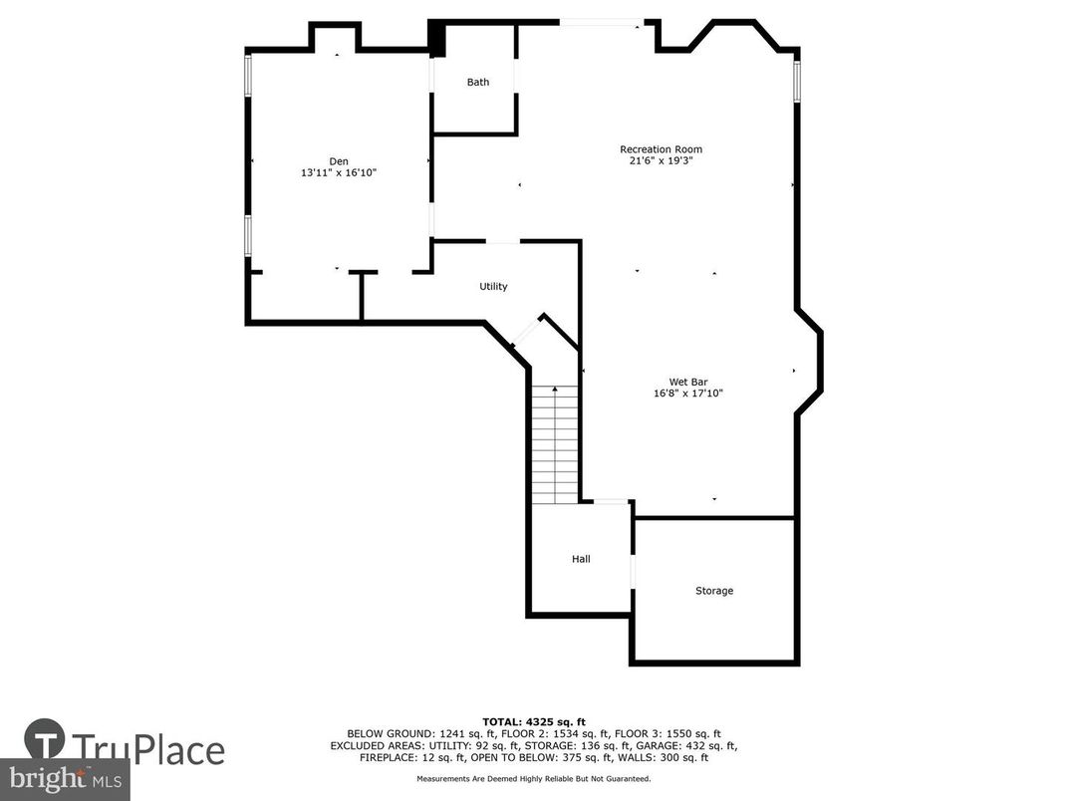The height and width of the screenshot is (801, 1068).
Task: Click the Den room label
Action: coord(339,161)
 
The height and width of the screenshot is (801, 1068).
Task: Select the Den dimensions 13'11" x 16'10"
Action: coord(339,172)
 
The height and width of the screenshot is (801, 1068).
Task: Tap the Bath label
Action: coord(478,82)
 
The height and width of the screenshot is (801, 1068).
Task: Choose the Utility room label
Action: coord(493,287)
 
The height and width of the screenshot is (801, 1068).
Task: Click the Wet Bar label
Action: coord(687,382)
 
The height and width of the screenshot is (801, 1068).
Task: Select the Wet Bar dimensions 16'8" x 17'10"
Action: coord(687,394)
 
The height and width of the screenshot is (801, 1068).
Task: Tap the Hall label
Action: coord(581,559)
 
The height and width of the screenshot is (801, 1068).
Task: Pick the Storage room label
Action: coord(714,591)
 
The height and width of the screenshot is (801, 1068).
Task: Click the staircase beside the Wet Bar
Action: coord(555,443)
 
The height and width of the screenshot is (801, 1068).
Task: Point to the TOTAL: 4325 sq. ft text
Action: coord(533,720)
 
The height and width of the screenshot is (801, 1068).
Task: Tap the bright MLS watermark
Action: coord(64,778)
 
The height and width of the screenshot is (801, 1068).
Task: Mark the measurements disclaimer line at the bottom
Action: coord(533,778)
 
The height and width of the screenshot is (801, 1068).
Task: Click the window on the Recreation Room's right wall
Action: coord(796,82)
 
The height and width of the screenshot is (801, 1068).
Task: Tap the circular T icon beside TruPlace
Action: coord(45,742)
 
